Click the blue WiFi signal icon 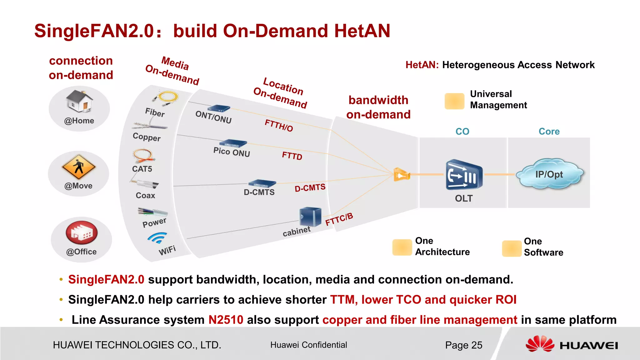pyautogui.click(x=157, y=238)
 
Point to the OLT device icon pyautogui.click(x=464, y=175)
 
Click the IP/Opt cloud pyautogui.click(x=549, y=174)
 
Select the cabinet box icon pyautogui.click(x=310, y=217)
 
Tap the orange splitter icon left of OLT pyautogui.click(x=402, y=175)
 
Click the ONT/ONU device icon pyautogui.click(x=219, y=109)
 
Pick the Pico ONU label pyautogui.click(x=232, y=152)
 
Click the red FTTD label pyautogui.click(x=292, y=156)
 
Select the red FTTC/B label pyautogui.click(x=339, y=219)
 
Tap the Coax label pyautogui.click(x=145, y=196)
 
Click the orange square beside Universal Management pyautogui.click(x=454, y=101)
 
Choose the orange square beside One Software pyautogui.click(x=512, y=248)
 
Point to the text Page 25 pyautogui.click(x=463, y=345)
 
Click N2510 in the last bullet pyautogui.click(x=226, y=320)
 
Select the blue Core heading pyautogui.click(x=549, y=132)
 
